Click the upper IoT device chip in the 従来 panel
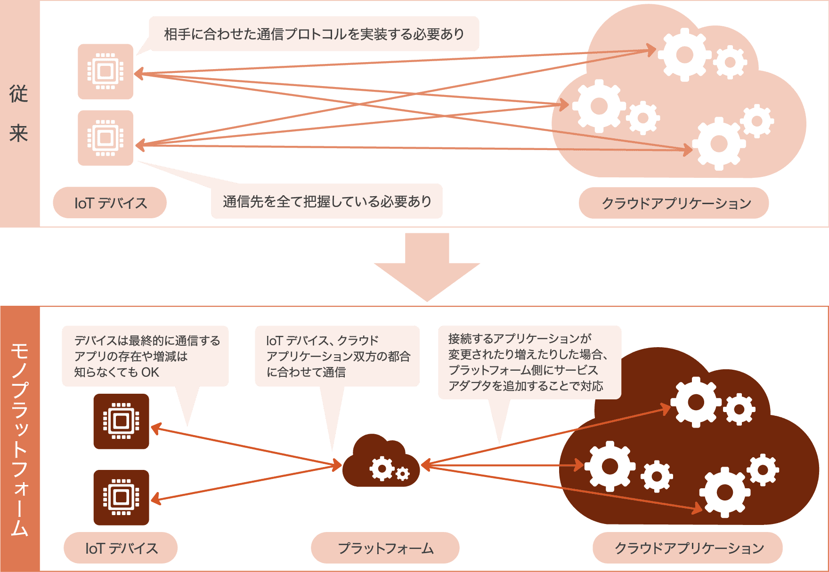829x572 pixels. tap(106, 71)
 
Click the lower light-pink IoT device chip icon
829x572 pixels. tap(106, 138)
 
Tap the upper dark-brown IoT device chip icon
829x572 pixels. tap(121, 421)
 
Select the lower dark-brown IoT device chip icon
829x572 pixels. tap(121, 497)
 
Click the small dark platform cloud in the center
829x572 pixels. tap(381, 463)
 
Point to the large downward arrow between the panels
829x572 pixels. tap(427, 266)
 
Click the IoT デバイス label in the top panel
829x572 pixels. tap(110, 203)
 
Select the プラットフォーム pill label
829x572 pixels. tap(385, 548)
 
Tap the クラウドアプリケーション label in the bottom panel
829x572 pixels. tap(688, 548)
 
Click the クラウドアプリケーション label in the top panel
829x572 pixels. tap(675, 203)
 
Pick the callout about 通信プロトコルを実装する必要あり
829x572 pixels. tap(314, 34)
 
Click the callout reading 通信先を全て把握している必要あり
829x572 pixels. tap(327, 201)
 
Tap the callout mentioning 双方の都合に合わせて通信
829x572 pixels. tap(337, 356)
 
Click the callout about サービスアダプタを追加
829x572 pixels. tap(529, 362)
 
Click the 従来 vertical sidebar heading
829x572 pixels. tap(19, 114)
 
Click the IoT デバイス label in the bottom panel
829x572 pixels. tap(121, 548)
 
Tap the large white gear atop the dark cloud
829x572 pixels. tap(696, 402)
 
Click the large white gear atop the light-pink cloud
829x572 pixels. tap(684, 55)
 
